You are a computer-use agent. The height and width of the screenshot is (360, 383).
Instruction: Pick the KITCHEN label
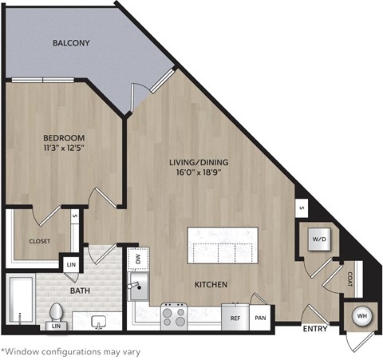[211, 284]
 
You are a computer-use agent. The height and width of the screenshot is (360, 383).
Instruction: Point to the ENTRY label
[316, 328]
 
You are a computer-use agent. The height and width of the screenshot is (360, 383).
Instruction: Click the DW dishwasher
[136, 259]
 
